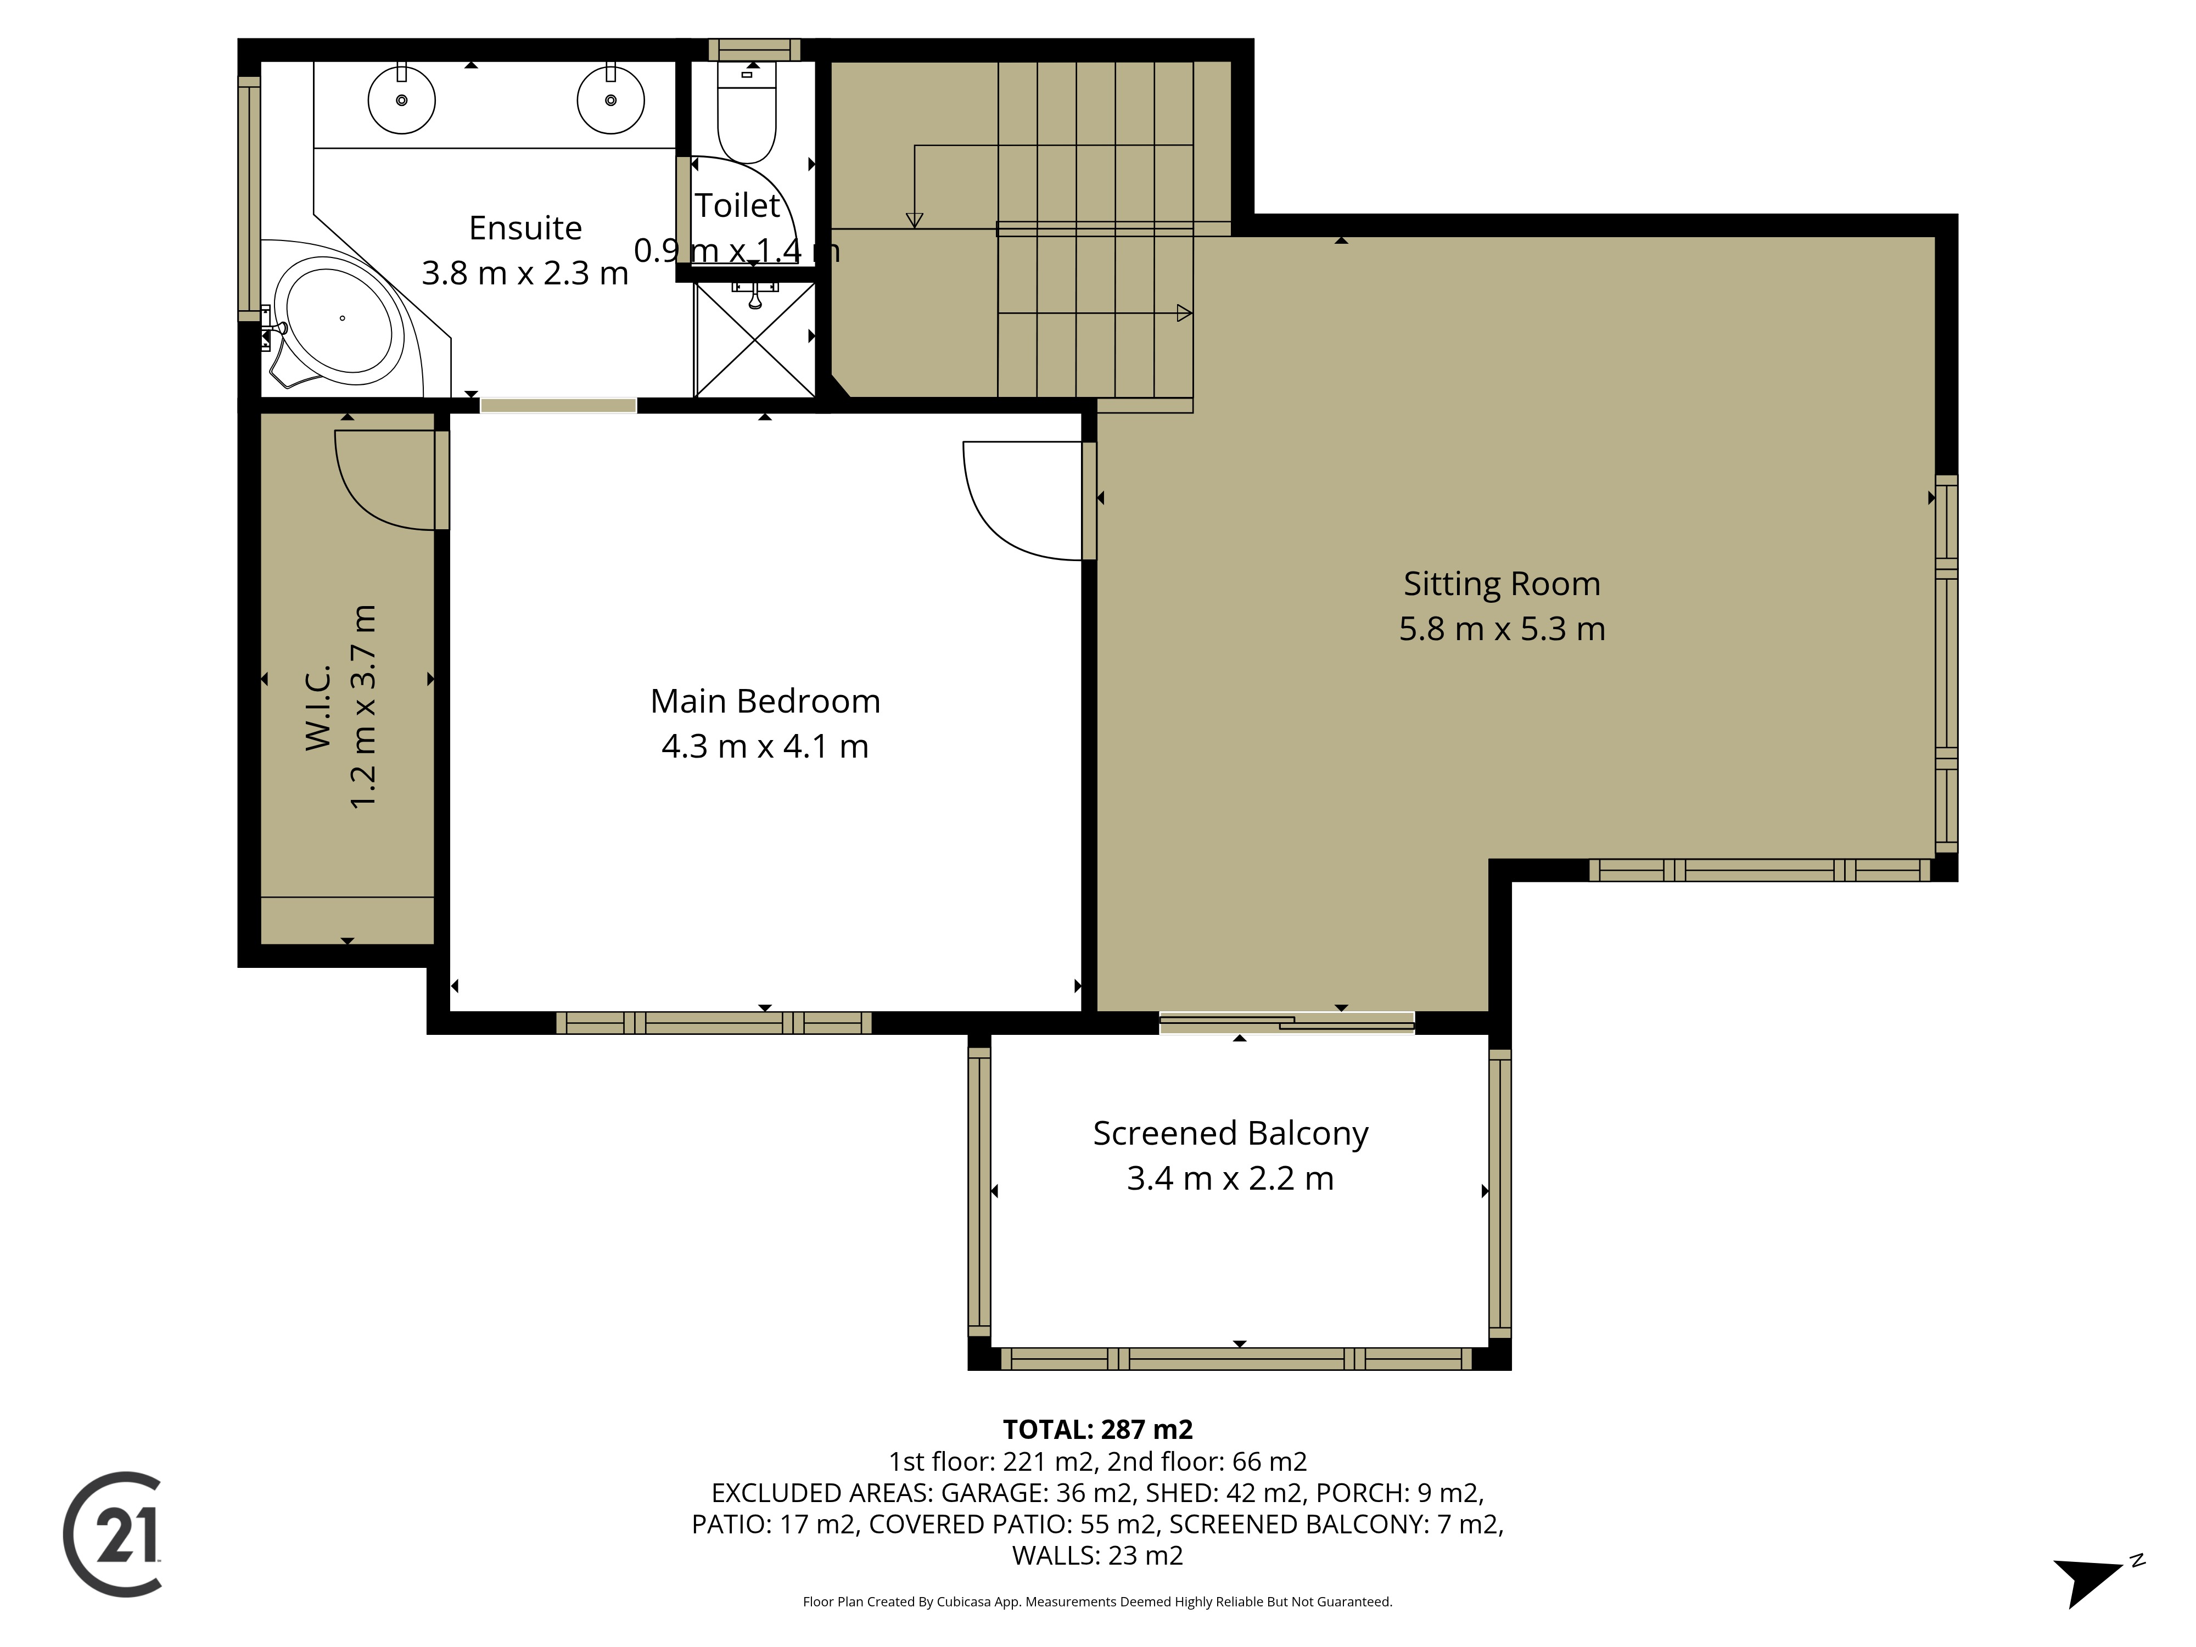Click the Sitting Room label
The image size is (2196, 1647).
(x=1501, y=584)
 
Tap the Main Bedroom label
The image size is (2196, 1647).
(x=764, y=701)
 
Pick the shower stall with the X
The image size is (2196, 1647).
(x=754, y=339)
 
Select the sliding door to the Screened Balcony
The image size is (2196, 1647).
(x=1287, y=1023)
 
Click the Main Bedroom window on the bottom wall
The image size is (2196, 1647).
(x=714, y=1023)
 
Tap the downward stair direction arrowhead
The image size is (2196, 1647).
(x=914, y=220)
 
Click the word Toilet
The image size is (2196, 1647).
(x=738, y=205)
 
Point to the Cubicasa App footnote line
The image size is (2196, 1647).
(x=1097, y=1601)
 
